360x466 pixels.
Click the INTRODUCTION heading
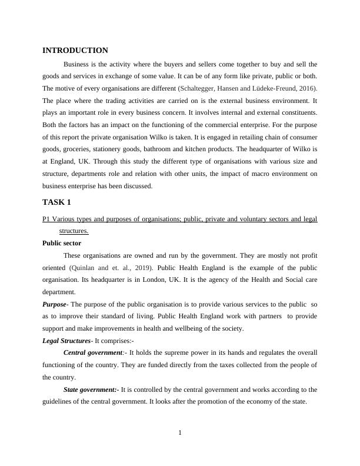click(75, 51)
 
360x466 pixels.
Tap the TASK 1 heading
click(57, 202)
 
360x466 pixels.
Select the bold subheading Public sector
click(62, 243)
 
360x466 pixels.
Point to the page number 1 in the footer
click(180, 434)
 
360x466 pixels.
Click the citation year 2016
click(308, 88)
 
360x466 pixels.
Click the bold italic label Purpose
click(54, 305)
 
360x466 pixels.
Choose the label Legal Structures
click(66, 341)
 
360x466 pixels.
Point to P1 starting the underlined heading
click(46, 219)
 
